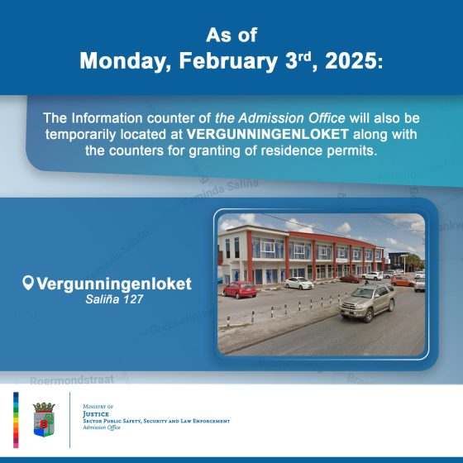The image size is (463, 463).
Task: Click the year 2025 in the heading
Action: coord(351,61)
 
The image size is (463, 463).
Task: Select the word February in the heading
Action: coord(228,62)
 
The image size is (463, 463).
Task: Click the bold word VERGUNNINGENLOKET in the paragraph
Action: coord(268,134)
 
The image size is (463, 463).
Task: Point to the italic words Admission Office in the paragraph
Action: coord(292,118)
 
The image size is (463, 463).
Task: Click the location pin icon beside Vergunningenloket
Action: coord(28,283)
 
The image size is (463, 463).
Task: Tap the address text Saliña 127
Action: coord(114,299)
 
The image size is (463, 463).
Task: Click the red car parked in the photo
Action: coord(240,289)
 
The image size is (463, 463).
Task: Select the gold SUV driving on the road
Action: coord(367,302)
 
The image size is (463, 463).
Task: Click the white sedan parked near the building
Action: coord(299,283)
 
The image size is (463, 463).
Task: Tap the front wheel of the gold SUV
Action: coord(368,317)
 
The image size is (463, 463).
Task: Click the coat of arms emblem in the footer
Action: coord(44,420)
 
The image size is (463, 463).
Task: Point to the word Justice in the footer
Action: coord(96,414)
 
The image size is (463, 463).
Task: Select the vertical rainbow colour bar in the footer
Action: coord(16,420)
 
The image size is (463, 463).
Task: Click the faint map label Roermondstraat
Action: coord(72,379)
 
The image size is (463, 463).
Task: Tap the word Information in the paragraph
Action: coord(107,118)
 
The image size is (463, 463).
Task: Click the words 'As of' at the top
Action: coord(231,35)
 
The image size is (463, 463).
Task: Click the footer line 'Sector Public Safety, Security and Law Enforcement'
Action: coord(156,421)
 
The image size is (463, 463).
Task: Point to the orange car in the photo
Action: coord(403,281)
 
